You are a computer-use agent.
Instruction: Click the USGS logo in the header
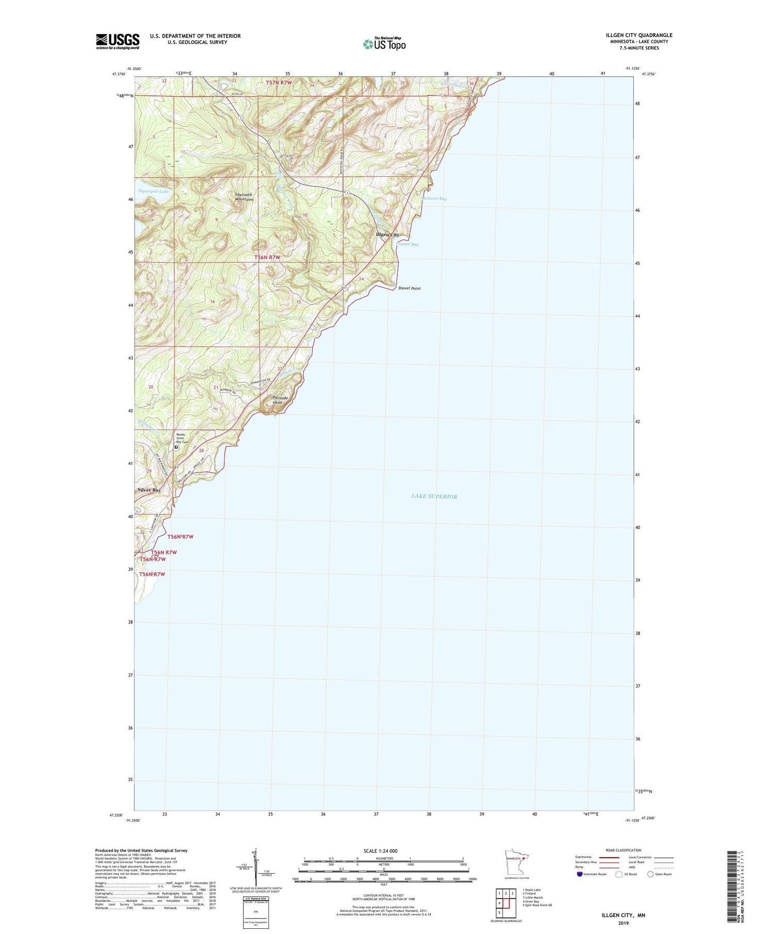coord(117,41)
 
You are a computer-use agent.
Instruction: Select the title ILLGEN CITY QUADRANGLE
coord(639,35)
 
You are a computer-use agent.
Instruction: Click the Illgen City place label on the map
coord(388,235)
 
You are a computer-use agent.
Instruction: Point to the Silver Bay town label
coord(149,490)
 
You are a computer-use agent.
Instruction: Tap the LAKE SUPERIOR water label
coord(434,496)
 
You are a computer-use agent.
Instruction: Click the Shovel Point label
coord(409,288)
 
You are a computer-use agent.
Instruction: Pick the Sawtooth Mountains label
coord(244,197)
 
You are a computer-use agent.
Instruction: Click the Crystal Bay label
coord(407,244)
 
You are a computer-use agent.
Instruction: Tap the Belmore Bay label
coord(434,198)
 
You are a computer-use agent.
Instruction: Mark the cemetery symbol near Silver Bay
coord(176,448)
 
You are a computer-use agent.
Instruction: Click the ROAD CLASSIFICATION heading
coord(624,850)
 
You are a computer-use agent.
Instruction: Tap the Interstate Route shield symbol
coord(580,874)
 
